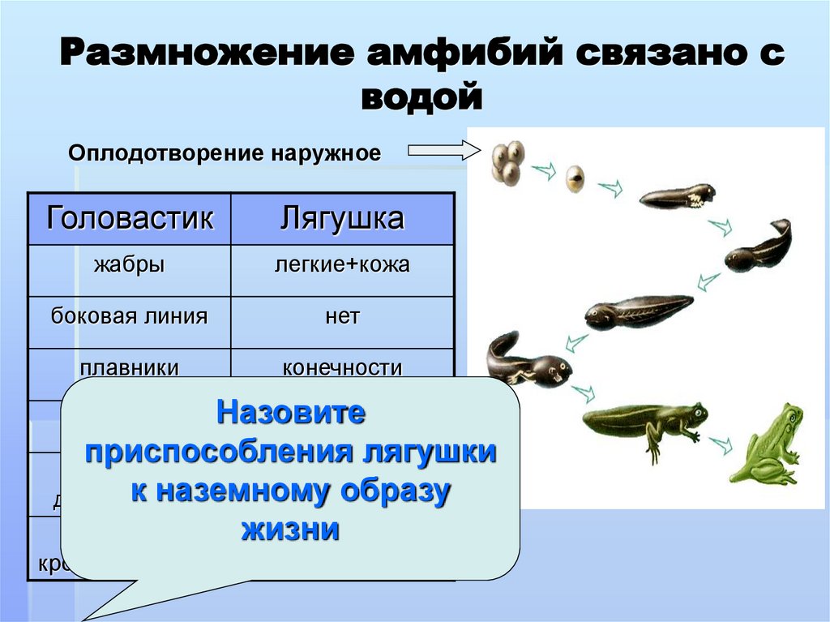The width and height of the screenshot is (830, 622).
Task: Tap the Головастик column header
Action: [x=130, y=219]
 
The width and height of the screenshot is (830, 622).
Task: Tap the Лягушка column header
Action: [x=342, y=219]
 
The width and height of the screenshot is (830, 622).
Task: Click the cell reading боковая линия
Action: [x=130, y=316]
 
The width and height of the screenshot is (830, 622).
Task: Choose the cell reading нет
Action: [x=342, y=316]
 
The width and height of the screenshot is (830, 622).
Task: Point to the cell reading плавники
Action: [x=130, y=367]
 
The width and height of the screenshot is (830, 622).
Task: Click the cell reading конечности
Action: [x=342, y=367]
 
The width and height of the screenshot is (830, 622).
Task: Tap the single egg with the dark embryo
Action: [x=575, y=179]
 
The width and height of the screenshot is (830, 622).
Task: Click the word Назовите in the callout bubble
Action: [x=290, y=414]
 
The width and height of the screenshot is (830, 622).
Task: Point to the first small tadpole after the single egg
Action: [x=678, y=197]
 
